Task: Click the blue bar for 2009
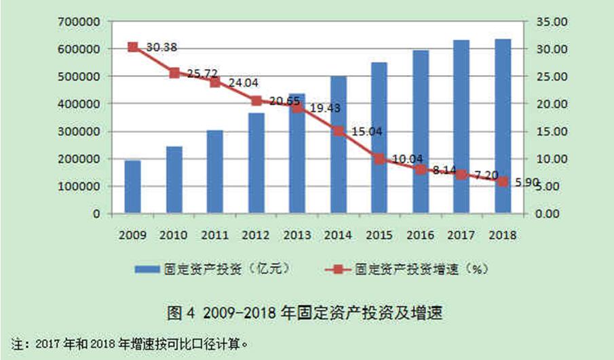coord(132,186)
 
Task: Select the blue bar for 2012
coord(256,163)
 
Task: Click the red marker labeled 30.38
coord(132,47)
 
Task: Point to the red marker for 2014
coord(338,131)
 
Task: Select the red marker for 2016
coord(421,169)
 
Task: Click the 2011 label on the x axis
coord(214,235)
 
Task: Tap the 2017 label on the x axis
coord(461,235)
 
